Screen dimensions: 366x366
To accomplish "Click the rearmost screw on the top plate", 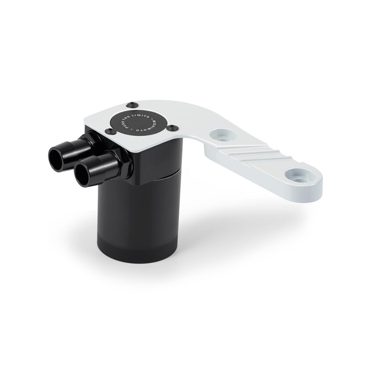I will [131, 103].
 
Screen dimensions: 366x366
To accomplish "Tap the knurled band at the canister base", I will [138, 249].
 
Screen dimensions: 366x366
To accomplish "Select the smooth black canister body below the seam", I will [142, 206].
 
